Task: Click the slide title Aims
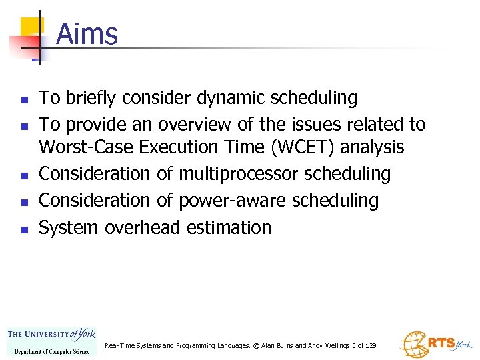click(x=87, y=34)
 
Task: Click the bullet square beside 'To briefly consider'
click(x=24, y=100)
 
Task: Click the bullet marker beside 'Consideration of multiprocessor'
click(x=24, y=175)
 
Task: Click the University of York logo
click(x=51, y=340)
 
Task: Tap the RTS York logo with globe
click(x=434, y=344)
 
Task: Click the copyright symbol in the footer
click(x=256, y=345)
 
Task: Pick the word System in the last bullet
click(x=67, y=228)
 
